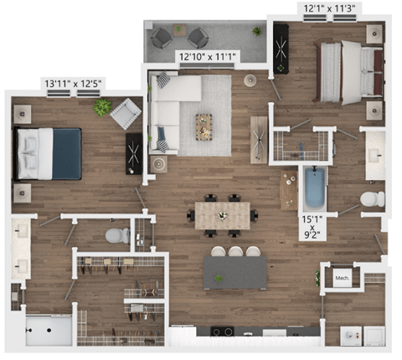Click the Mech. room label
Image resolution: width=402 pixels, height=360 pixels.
tap(342, 278)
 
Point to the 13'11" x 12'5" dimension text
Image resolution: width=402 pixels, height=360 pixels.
tap(75, 83)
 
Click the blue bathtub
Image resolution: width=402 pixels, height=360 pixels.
tap(314, 189)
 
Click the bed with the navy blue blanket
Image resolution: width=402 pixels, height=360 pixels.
tap(51, 153)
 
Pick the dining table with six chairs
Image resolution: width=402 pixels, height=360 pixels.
tap(223, 214)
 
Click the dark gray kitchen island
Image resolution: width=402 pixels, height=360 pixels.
tap(235, 272)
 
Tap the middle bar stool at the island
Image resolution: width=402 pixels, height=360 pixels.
tap(235, 251)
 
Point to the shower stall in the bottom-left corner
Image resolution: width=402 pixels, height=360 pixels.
tap(48, 329)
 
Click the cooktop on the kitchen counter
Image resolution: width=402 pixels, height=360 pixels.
tap(223, 331)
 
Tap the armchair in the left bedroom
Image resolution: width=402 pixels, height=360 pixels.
tap(126, 113)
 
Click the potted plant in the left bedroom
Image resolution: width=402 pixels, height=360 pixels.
tap(102, 107)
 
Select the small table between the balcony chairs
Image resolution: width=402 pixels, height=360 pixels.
tap(179, 32)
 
